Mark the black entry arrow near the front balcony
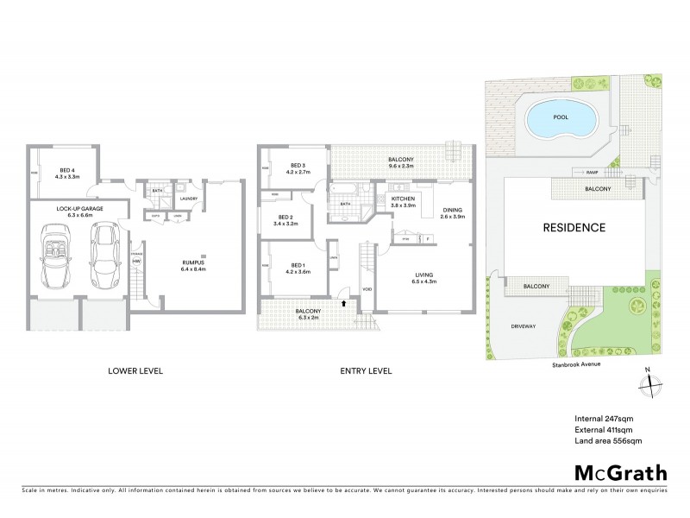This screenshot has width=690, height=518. tap(347, 303)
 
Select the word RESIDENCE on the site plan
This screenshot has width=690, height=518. tap(574, 229)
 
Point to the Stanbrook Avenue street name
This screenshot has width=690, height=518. tap(577, 365)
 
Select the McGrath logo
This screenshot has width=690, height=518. tap(620, 472)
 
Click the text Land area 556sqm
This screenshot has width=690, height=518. tap(607, 440)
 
